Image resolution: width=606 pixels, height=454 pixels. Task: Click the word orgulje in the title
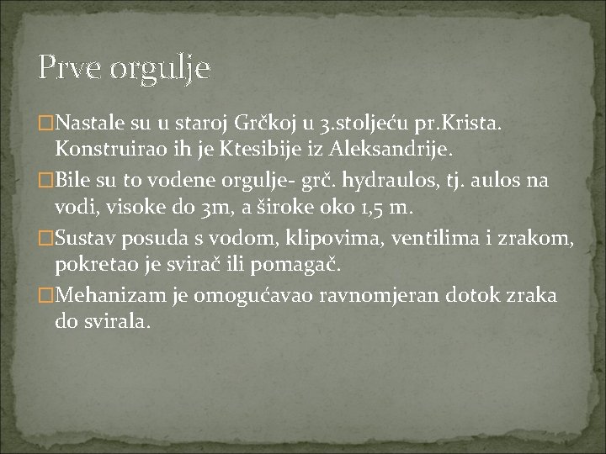pyautogui.click(x=160, y=69)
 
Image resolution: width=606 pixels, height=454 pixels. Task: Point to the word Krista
pyautogui.click(x=473, y=125)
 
